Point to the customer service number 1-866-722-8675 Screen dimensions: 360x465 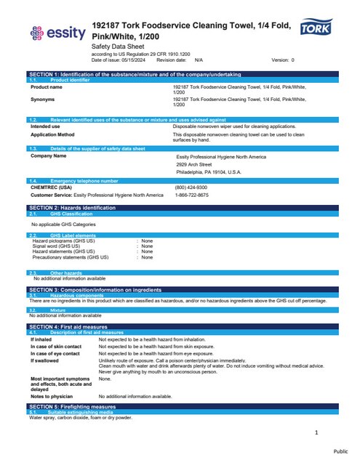coord(192,195)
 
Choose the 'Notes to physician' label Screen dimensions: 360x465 coord(52,396)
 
